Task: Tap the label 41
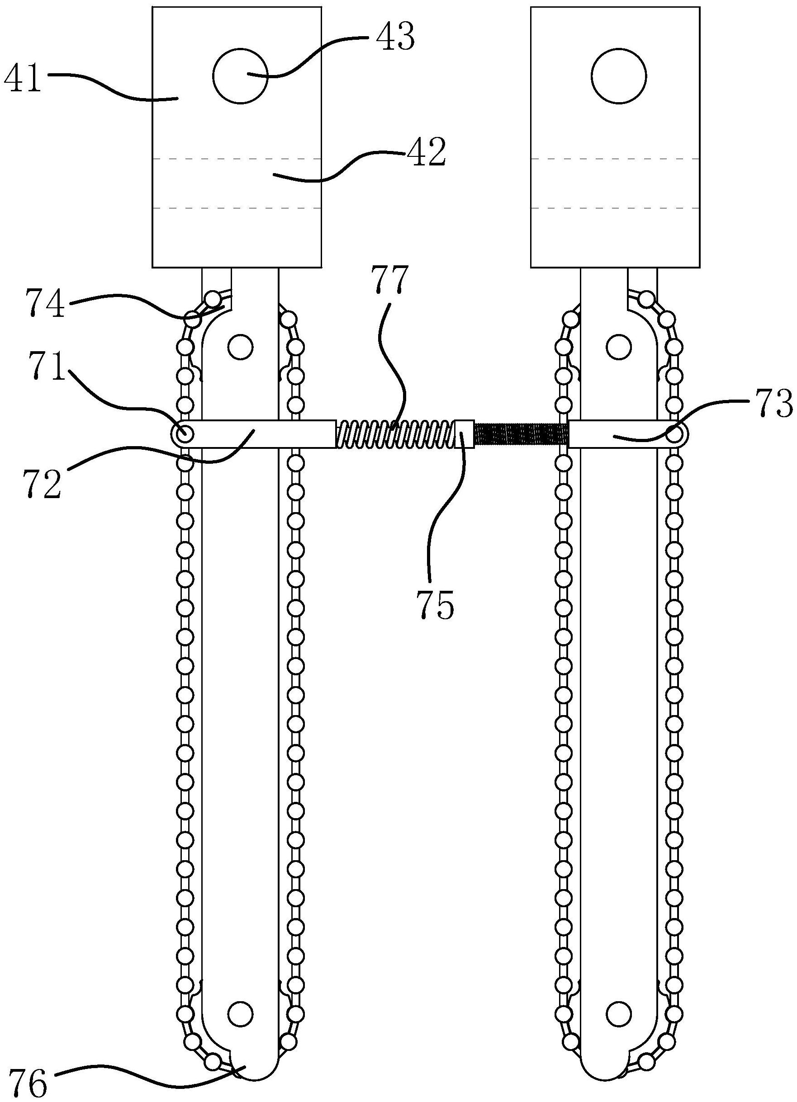[23, 80]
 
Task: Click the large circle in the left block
[240, 76]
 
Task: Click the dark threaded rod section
[521, 434]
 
